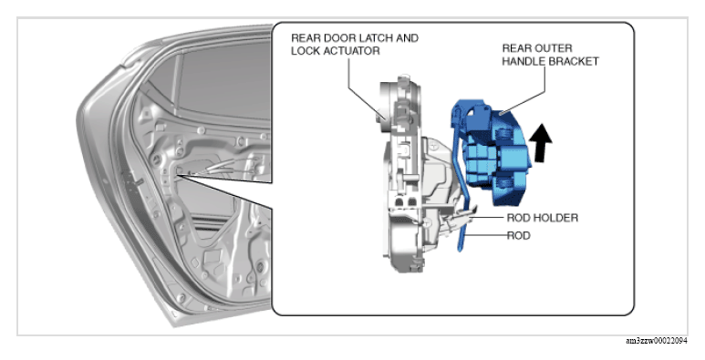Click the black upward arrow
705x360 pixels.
(x=543, y=143)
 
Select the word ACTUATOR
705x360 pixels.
(x=352, y=51)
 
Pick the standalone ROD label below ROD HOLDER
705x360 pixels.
(x=518, y=235)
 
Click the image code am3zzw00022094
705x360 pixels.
(x=656, y=341)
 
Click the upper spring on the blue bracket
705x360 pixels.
(x=503, y=133)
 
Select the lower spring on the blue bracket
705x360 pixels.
(x=504, y=183)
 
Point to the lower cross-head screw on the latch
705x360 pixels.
(x=427, y=221)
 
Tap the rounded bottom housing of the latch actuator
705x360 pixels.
(x=403, y=242)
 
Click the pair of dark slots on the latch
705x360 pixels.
(x=406, y=201)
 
